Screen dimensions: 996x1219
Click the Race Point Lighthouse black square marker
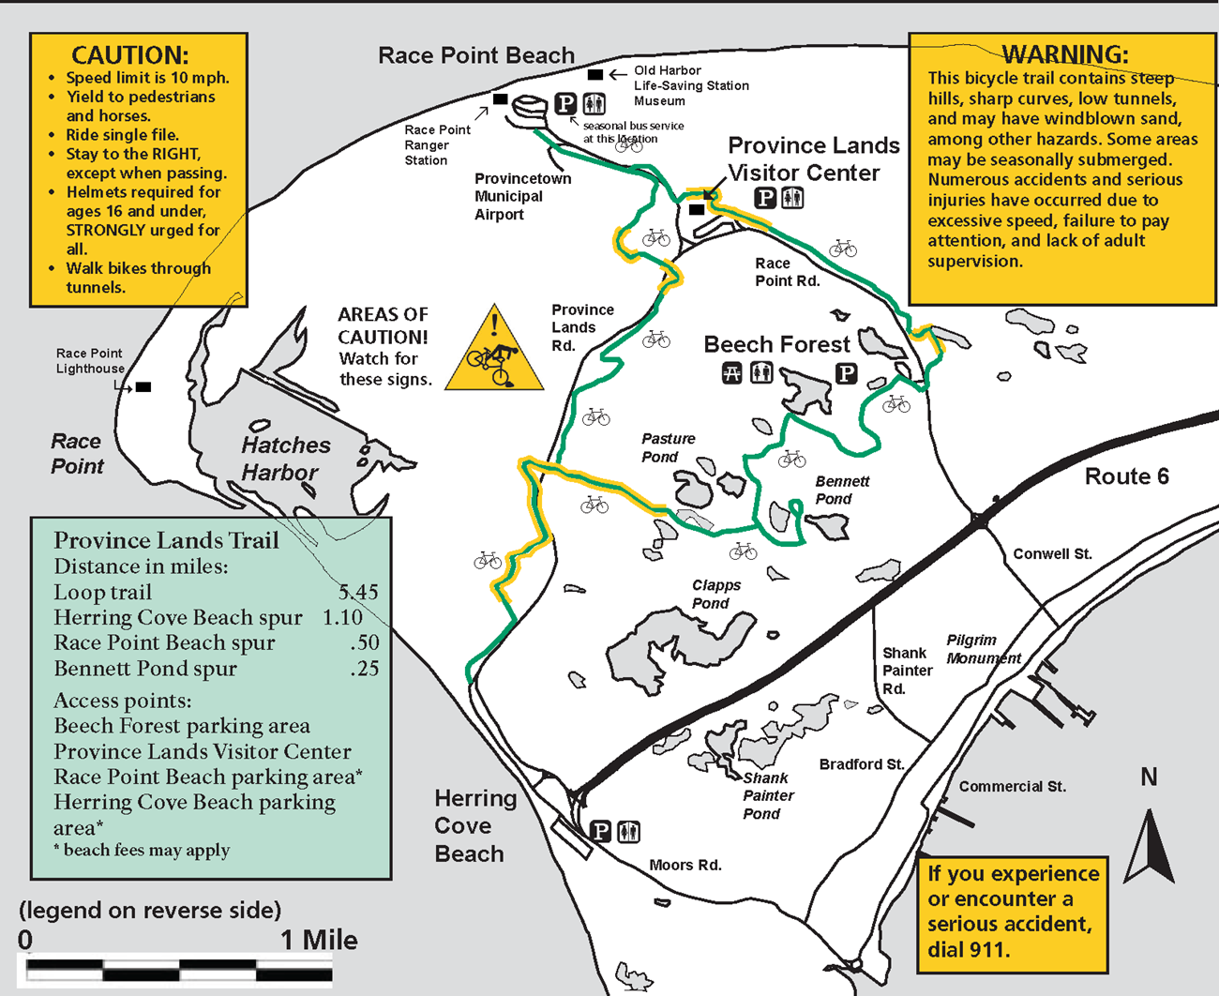pyautogui.click(x=143, y=386)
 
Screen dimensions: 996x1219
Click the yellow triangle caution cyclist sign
pyautogui.click(x=494, y=351)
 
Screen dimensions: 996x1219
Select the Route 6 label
pyautogui.click(x=1126, y=476)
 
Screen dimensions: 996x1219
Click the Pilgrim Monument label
pyautogui.click(x=983, y=649)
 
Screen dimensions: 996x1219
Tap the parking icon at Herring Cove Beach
pyautogui.click(x=601, y=831)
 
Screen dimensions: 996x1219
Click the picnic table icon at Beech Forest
pyautogui.click(x=732, y=373)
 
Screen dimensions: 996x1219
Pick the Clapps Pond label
pyautogui.click(x=715, y=594)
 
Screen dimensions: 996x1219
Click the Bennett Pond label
pyautogui.click(x=841, y=490)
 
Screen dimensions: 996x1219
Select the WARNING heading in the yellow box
pyautogui.click(x=1065, y=54)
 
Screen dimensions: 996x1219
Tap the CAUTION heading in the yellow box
pyautogui.click(x=130, y=55)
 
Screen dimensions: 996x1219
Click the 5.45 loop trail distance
pyautogui.click(x=358, y=592)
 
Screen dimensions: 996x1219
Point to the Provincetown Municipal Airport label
pyautogui.click(x=522, y=196)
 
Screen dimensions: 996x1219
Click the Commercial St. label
pyautogui.click(x=1012, y=786)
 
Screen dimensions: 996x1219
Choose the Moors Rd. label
pyautogui.click(x=685, y=865)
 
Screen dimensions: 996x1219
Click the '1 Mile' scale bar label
pyautogui.click(x=319, y=940)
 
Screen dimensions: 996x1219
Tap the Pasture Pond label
pyautogui.click(x=668, y=447)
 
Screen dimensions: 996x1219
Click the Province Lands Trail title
pyautogui.click(x=166, y=540)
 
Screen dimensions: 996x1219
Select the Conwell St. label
pyautogui.click(x=1052, y=553)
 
